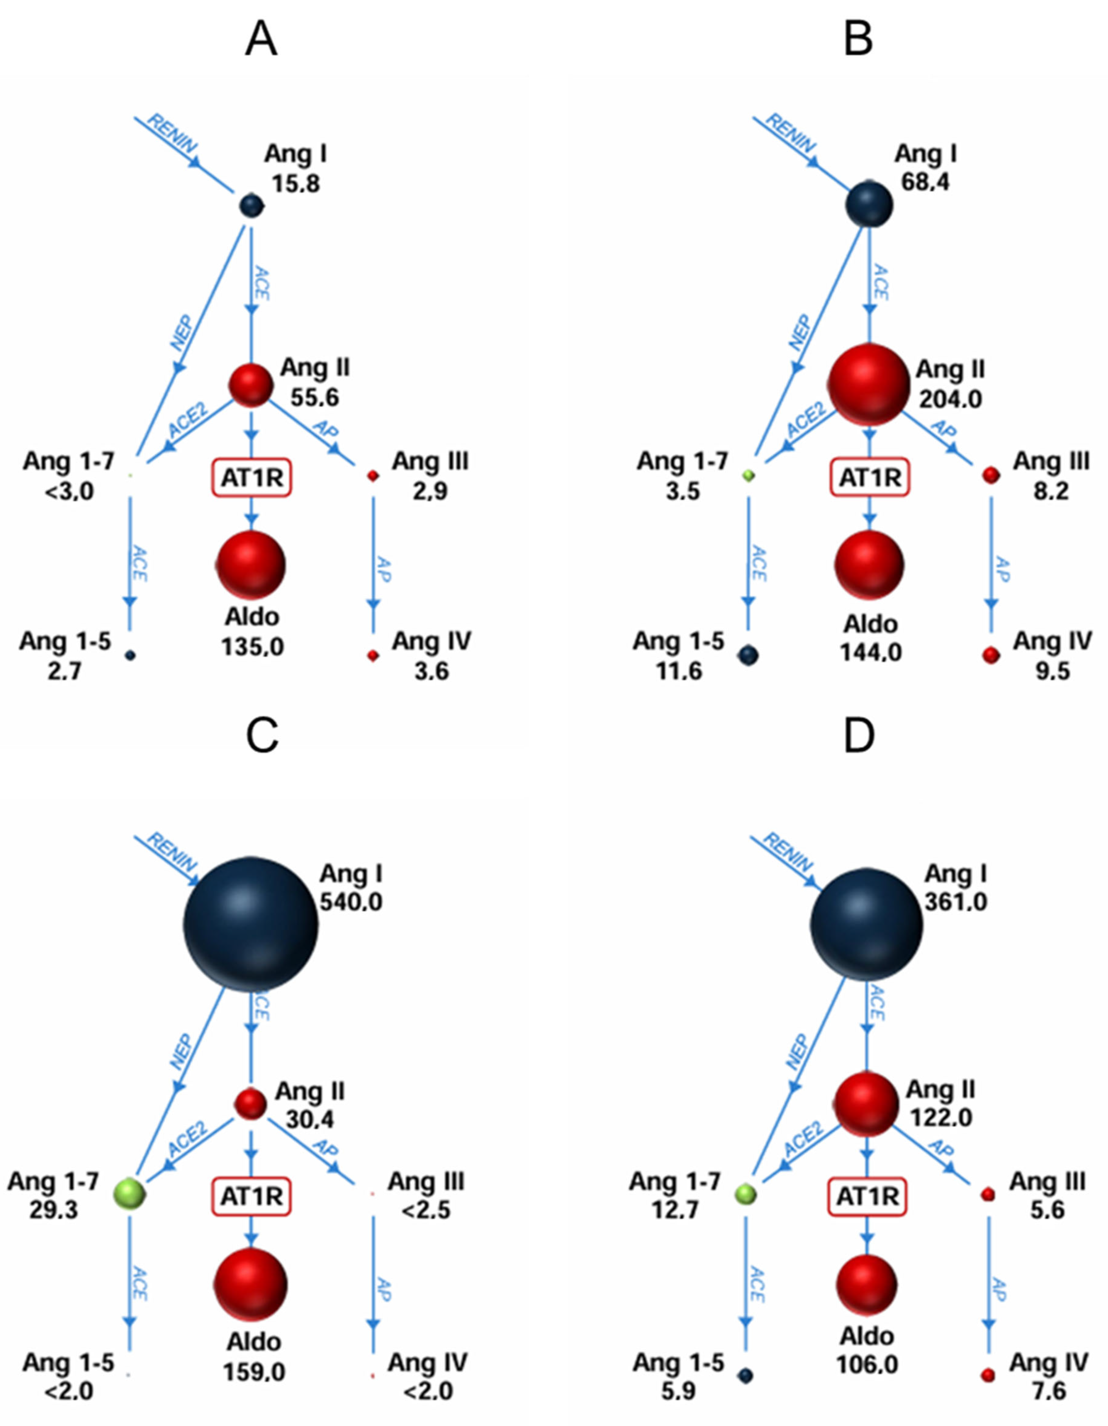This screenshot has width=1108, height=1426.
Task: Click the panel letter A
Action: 261,40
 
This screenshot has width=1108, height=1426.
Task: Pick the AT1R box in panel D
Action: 867,1196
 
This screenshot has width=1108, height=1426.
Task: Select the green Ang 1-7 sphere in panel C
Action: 131,1194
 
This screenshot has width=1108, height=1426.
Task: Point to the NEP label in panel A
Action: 182,333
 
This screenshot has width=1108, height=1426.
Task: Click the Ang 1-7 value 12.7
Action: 674,1210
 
